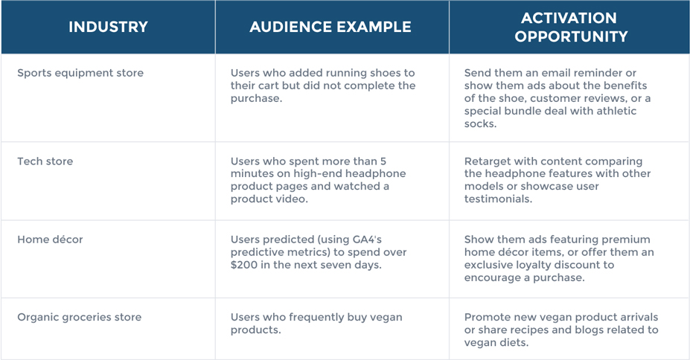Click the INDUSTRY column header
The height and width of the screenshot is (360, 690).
point(108,27)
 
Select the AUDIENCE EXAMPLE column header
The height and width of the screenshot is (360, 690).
point(330,27)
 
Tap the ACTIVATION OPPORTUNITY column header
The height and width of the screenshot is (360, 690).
point(571,27)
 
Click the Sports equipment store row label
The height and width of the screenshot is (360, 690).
point(80,73)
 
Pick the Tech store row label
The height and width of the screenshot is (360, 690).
point(45,161)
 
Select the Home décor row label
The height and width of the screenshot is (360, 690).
point(50,240)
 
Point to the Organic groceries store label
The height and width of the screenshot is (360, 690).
point(79,318)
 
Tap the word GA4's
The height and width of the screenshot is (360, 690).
point(367,240)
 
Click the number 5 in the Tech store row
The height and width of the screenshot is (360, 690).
point(383,161)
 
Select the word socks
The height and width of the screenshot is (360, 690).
point(479,124)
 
